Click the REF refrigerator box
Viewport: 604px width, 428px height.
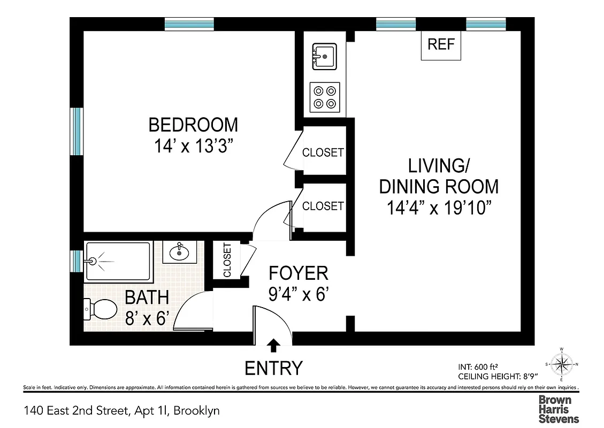pos(441,45)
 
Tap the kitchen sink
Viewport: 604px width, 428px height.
pos(324,56)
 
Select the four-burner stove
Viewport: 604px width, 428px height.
pos(325,97)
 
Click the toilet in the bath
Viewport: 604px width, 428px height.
pos(101,309)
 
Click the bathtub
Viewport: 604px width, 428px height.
pos(118,261)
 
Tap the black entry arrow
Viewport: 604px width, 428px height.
pos(273,346)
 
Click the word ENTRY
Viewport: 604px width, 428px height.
pos(273,368)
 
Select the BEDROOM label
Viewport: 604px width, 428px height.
pos(193,125)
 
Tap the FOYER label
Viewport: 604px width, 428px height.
pos(298,273)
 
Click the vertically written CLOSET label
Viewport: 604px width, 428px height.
pos(227,261)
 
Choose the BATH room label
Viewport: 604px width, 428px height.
pos(147,297)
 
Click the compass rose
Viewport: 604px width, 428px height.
pos(561,365)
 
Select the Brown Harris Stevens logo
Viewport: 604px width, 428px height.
pos(558,409)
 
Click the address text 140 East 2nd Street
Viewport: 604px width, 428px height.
pos(121,411)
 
